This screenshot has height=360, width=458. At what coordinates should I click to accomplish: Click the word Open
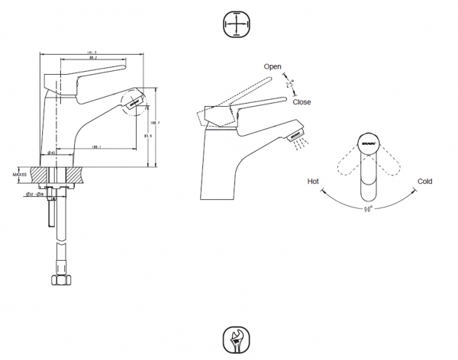tap(273, 67)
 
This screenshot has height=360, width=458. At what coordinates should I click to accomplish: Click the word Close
tap(302, 101)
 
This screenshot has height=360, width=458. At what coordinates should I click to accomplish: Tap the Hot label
tap(312, 182)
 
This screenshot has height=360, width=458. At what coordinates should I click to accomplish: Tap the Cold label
tap(425, 182)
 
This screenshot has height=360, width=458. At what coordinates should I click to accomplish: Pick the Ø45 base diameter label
tap(50, 153)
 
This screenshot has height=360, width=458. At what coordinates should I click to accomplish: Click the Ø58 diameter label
tap(40, 194)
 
